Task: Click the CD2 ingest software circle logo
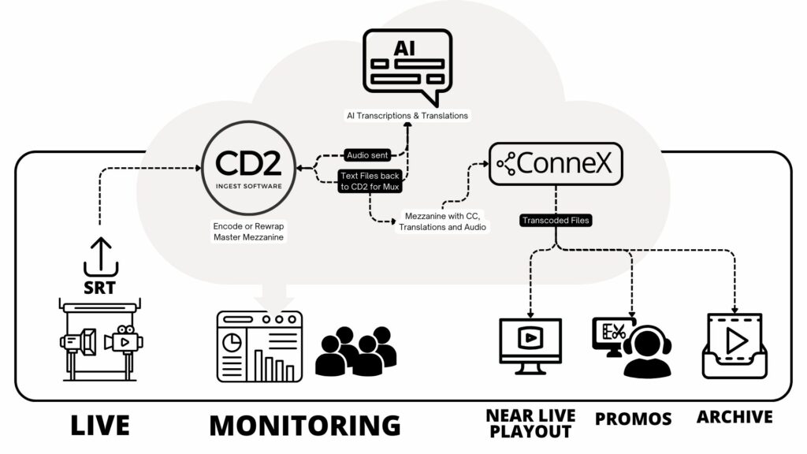(x=249, y=166)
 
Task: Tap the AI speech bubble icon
(x=407, y=65)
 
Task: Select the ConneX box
(x=556, y=163)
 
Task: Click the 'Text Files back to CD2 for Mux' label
(x=370, y=182)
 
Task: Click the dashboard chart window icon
(x=259, y=346)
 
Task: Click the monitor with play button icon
(x=530, y=341)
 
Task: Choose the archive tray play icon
(x=734, y=344)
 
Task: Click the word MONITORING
(x=304, y=426)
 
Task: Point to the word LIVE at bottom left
(x=100, y=426)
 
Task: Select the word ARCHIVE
(x=734, y=416)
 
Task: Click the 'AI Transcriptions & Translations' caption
(x=407, y=116)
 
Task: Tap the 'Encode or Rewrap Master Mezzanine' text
(x=249, y=232)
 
